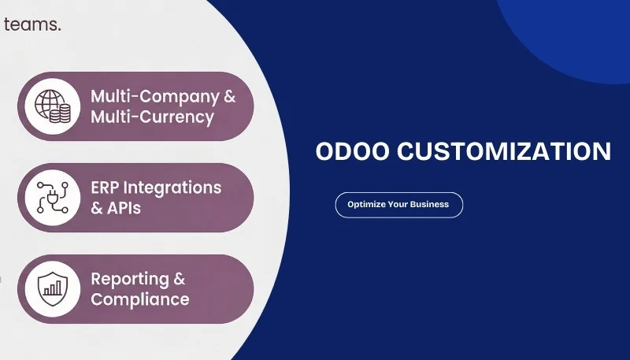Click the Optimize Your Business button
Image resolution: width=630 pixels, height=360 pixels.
pyautogui.click(x=398, y=205)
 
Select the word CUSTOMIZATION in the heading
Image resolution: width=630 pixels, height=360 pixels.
pyautogui.click(x=504, y=152)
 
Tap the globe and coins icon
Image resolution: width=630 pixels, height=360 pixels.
pyautogui.click(x=53, y=106)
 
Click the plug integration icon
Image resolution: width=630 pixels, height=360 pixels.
pyautogui.click(x=53, y=198)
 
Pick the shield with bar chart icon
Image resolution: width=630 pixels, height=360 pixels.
pyautogui.click(x=53, y=289)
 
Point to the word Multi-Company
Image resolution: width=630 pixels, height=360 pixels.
pyautogui.click(x=155, y=97)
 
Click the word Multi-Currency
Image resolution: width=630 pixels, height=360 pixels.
pyautogui.click(x=152, y=117)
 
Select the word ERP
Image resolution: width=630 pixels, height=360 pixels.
pyautogui.click(x=107, y=188)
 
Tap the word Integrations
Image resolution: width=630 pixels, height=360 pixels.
pyautogui.click(x=174, y=188)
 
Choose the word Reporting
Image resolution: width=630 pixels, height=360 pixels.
pyautogui.click(x=130, y=280)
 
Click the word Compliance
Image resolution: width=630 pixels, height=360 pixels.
pyautogui.click(x=140, y=300)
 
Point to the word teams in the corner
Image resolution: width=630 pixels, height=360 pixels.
pyautogui.click(x=31, y=24)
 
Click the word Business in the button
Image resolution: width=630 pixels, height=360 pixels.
pyautogui.click(x=428, y=205)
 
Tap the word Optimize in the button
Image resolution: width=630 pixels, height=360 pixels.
pyautogui.click(x=365, y=205)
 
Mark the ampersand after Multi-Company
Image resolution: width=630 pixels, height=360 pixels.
pyautogui.click(x=229, y=97)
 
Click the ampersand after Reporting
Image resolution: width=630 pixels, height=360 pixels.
pyautogui.click(x=179, y=280)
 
